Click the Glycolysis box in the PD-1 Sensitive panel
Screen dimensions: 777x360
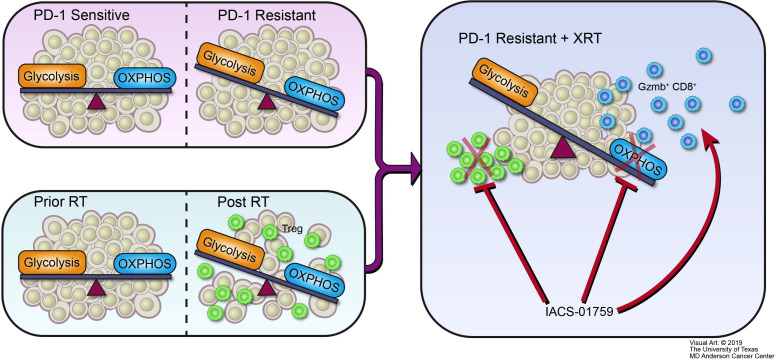tap(52, 76)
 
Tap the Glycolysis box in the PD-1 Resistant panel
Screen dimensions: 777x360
tap(231, 63)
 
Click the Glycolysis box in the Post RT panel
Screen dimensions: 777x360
tap(230, 250)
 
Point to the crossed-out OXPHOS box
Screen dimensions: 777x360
tap(638, 159)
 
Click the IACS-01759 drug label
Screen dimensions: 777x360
tap(579, 313)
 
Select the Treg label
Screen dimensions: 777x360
tap(293, 228)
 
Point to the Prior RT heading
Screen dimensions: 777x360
tap(54, 202)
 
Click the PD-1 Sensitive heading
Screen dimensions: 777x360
tap(82, 15)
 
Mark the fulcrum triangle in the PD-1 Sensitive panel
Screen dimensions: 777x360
tap(96, 103)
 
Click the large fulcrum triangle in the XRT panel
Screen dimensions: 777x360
tap(561, 148)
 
